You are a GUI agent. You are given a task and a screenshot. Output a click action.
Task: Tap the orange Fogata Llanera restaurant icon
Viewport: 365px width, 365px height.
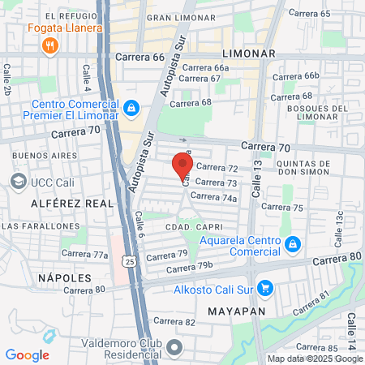[49, 45]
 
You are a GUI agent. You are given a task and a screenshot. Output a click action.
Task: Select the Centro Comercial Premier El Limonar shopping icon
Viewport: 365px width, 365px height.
[131, 107]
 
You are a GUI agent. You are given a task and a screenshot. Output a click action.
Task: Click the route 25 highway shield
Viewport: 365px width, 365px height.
[128, 260]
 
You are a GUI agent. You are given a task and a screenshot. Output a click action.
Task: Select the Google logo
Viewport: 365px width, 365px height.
[27, 354]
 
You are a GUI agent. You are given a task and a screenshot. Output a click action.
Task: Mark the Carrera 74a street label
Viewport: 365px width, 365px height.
[219, 197]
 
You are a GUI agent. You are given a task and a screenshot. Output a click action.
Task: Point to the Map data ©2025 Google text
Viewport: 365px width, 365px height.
[316, 359]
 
